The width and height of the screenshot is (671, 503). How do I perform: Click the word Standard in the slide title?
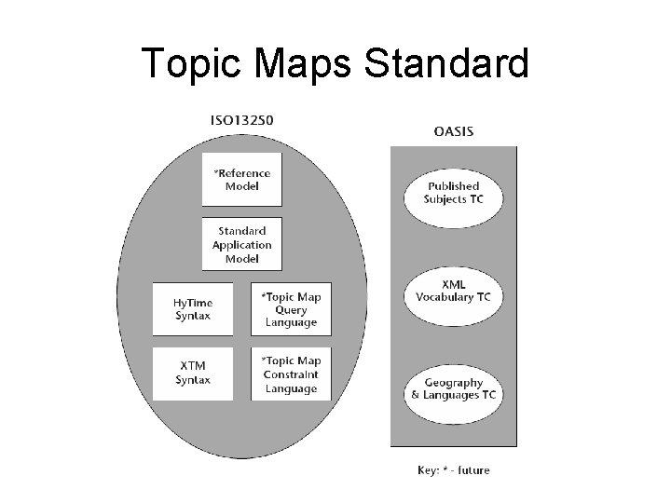[x=449, y=63]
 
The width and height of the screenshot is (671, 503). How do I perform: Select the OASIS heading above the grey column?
[x=453, y=131]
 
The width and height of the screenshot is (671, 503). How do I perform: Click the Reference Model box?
[x=241, y=180]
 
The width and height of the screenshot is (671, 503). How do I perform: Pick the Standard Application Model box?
[x=241, y=244]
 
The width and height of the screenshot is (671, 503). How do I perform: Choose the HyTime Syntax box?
[x=193, y=308]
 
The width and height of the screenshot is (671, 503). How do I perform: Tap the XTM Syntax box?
[x=193, y=373]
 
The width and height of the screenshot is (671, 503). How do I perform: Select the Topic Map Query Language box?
[x=291, y=308]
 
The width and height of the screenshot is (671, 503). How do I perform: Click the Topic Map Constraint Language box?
[x=291, y=374]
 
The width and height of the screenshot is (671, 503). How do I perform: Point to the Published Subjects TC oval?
[x=453, y=193]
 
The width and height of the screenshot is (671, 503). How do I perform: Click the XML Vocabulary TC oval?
[x=453, y=290]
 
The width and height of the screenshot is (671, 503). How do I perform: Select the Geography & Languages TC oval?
[x=453, y=388]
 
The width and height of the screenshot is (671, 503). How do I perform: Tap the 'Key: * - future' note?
[x=453, y=469]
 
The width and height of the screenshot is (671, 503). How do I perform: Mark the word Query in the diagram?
[x=291, y=309]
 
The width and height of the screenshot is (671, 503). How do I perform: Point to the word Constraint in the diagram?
[x=291, y=374]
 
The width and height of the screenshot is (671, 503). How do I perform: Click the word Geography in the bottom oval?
[x=453, y=382]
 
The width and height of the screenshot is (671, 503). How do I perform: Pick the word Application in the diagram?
[x=241, y=245]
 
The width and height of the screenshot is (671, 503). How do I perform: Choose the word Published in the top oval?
[x=453, y=186]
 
